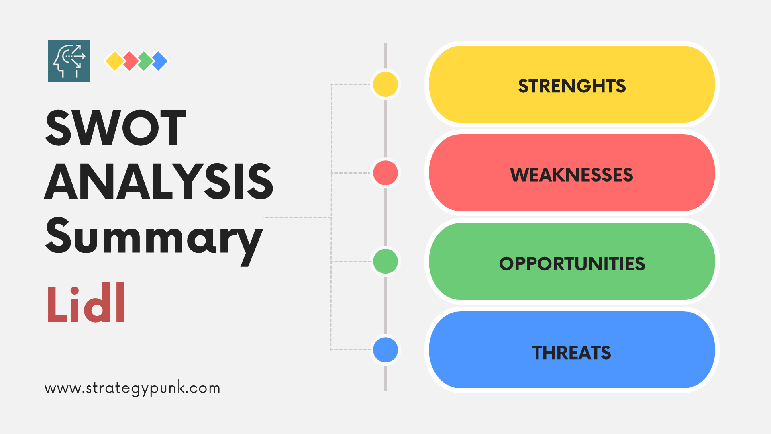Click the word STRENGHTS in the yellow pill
(572, 86)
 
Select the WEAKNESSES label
(571, 175)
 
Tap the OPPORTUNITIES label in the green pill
(572, 264)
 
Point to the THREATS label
(571, 353)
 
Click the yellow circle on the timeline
(385, 84)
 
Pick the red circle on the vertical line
(385, 173)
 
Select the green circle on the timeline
(385, 261)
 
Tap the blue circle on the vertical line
(385, 350)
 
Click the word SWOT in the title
(116, 127)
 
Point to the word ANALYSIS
(159, 181)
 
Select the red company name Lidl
(86, 302)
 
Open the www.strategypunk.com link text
(133, 388)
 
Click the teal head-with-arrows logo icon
(69, 61)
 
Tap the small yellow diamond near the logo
(115, 61)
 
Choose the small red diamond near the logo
(131, 61)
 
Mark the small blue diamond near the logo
(160, 61)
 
